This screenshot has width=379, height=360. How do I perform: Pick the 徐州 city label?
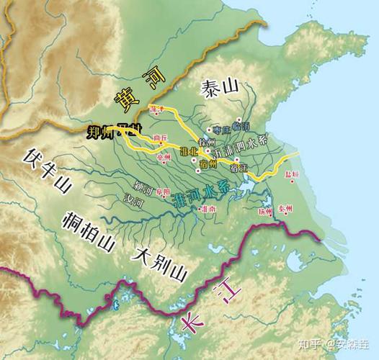[x=208, y=140]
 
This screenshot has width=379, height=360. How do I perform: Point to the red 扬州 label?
[x=266, y=212]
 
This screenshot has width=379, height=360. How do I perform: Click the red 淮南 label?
[x=209, y=209]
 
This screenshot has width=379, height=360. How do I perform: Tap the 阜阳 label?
[x=162, y=192]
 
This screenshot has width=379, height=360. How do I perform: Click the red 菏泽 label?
[x=157, y=109]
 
